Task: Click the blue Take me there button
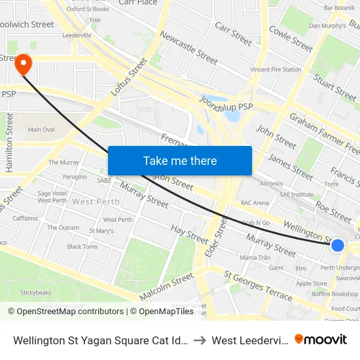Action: point(180,160)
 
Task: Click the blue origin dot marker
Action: point(338,245)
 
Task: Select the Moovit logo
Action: point(321,340)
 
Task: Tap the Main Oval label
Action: point(41,130)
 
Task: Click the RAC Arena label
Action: point(255,203)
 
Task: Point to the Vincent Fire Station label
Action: point(276,69)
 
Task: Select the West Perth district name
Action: point(96,202)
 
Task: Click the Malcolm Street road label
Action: point(166,287)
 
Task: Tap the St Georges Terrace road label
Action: point(258,285)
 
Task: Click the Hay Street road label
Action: point(189,232)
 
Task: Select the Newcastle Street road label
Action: point(189,48)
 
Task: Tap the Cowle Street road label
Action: point(291,39)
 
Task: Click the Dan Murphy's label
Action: point(328,26)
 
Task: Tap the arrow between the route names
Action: point(200,340)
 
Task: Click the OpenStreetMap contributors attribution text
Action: point(67,311)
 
